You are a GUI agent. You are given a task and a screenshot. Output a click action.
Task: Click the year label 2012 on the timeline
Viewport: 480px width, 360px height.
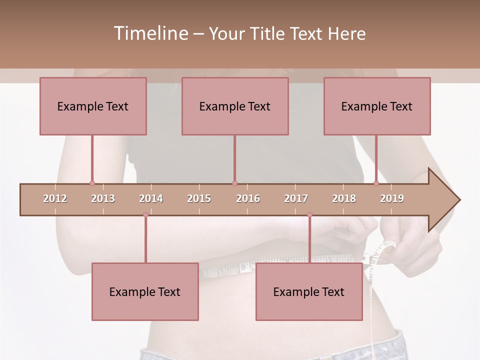[55, 198]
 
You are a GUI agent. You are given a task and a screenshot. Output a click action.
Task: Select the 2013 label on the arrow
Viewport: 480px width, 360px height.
[103, 198]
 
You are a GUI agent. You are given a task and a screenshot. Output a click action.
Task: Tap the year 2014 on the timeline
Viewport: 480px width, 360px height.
[151, 198]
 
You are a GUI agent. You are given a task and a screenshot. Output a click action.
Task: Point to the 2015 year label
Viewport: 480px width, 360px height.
[199, 198]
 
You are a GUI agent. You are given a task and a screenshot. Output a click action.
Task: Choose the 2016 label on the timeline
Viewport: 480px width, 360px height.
[248, 198]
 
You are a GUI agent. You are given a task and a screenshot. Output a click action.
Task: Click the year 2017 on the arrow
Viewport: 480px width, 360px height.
[296, 198]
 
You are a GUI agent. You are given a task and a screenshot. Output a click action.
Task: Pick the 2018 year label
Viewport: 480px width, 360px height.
[344, 198]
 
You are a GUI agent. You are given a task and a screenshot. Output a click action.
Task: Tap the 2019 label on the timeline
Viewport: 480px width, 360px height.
[392, 198]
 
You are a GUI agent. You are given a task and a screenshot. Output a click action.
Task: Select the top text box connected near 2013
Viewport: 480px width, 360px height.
[93, 106]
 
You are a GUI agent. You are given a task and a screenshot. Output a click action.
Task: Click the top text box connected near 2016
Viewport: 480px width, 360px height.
[235, 106]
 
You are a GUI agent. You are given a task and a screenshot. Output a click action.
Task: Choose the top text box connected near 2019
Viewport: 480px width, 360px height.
[377, 106]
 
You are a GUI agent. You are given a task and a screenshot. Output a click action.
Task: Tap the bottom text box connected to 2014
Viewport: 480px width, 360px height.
[145, 291]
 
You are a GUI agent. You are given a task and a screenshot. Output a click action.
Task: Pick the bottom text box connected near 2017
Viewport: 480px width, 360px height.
[309, 291]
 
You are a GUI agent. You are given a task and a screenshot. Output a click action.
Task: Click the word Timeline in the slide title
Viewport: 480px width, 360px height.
[150, 33]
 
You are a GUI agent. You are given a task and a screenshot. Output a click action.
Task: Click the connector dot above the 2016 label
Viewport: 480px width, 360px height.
[235, 183]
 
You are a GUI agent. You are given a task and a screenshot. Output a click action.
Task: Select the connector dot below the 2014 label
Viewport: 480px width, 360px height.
[145, 214]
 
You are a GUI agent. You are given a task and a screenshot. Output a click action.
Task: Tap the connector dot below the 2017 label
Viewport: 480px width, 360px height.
[309, 214]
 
